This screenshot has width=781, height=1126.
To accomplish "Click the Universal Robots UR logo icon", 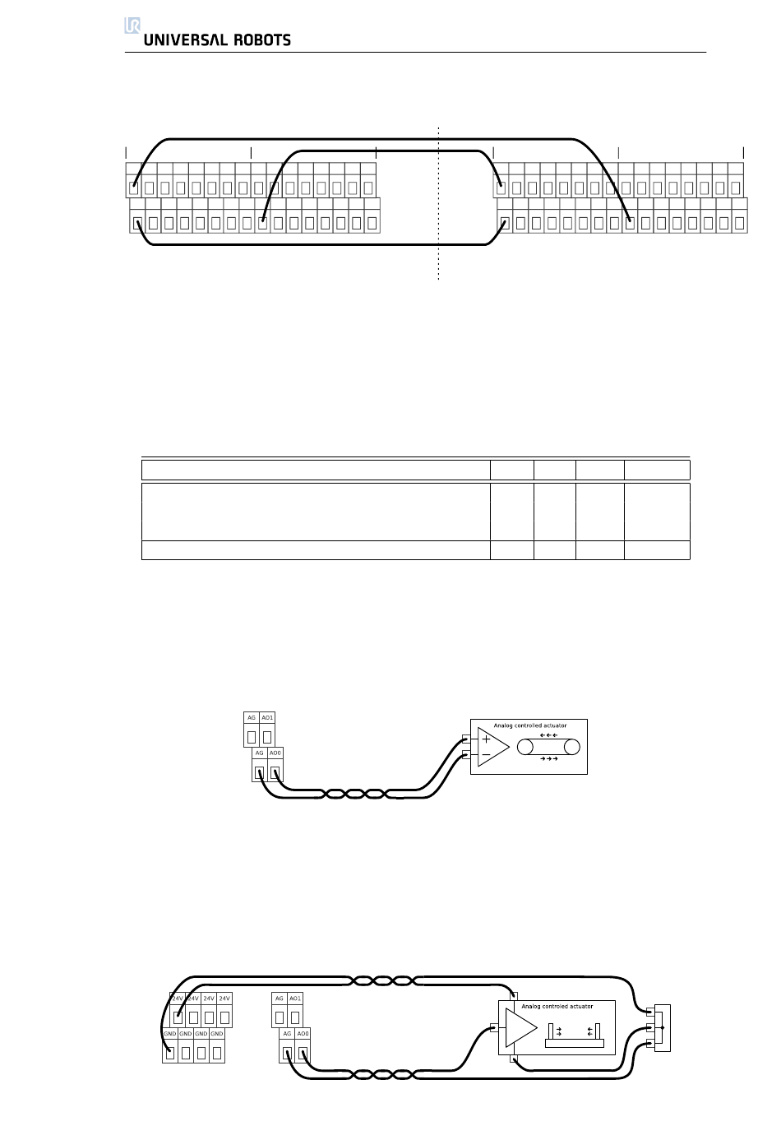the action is (132, 25).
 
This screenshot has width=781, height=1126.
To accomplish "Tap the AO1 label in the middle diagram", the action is (267, 718).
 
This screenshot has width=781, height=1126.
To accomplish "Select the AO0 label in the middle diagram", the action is (275, 753).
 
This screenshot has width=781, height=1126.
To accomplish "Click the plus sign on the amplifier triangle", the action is (486, 739).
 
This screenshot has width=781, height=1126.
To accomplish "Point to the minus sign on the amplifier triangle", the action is (486, 754).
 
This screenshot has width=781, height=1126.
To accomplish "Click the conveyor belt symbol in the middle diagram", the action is (548, 747).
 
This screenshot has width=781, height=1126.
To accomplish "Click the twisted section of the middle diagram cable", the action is (355, 794).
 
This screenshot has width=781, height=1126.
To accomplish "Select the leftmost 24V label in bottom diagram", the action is (177, 999).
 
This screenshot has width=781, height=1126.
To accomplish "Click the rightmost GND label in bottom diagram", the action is (217, 1034).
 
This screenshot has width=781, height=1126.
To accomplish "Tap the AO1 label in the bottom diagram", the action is (295, 999).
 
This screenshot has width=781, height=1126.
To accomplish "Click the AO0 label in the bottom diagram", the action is (303, 1034).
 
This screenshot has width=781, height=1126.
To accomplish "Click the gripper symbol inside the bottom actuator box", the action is (575, 1035).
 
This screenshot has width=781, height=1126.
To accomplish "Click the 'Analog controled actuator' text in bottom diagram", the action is (557, 1006).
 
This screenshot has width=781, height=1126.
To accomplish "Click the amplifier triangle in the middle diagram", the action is (492, 747).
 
